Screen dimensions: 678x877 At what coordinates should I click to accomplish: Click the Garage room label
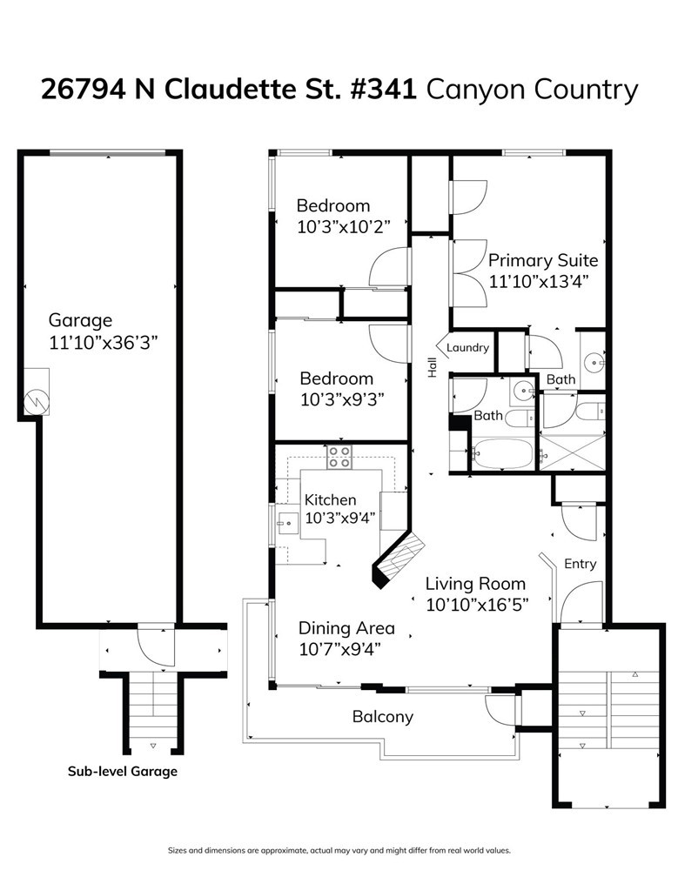80,320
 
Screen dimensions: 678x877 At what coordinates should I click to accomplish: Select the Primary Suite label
543,260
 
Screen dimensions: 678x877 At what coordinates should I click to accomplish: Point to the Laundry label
467,347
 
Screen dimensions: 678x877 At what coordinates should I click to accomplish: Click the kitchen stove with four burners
339,457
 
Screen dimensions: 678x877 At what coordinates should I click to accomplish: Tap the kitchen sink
289,524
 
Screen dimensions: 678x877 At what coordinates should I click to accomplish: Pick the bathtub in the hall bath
502,453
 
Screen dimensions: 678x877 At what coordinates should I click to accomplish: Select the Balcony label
383,717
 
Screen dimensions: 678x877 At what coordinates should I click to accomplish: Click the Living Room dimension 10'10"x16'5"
477,605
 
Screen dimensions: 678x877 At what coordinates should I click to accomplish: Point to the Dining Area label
346,628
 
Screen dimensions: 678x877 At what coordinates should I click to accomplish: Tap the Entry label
581,564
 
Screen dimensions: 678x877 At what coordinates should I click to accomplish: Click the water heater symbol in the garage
37,400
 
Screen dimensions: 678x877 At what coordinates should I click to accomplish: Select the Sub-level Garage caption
123,771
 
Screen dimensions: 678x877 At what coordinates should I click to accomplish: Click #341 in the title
383,90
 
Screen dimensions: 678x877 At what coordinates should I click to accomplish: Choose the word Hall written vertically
432,367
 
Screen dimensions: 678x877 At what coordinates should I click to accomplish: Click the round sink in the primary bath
593,363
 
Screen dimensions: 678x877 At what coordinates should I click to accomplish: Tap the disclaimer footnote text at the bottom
339,851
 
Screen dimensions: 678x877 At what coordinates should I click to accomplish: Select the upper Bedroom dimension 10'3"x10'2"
344,227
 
